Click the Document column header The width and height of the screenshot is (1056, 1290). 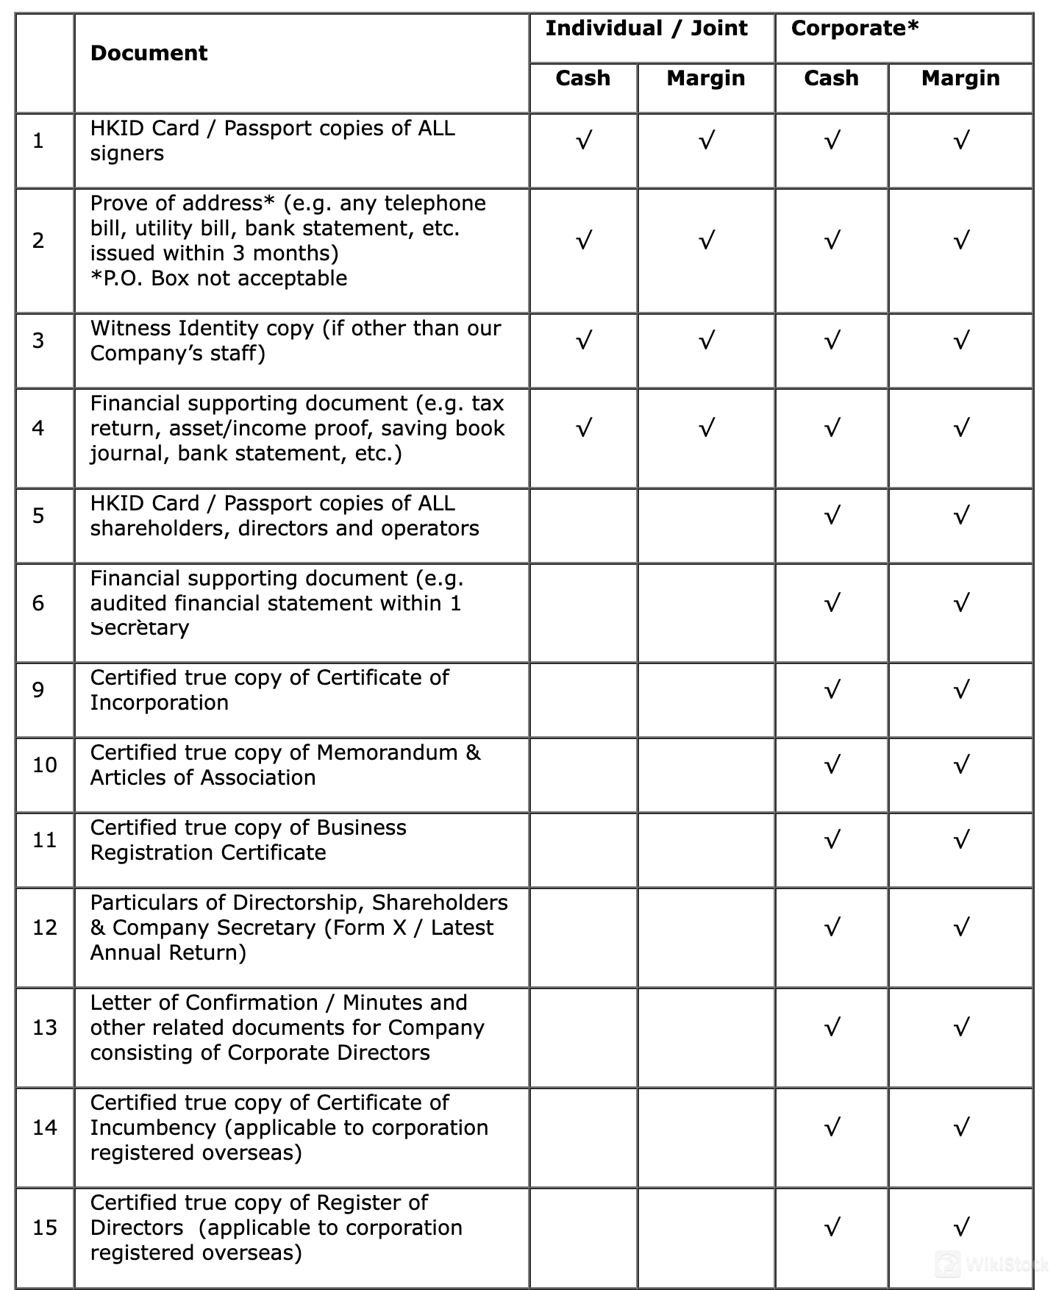[x=149, y=53]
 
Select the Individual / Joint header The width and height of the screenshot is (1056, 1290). [x=646, y=29]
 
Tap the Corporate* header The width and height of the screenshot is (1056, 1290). [x=855, y=29]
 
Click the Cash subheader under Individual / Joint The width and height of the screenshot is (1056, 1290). [x=582, y=78]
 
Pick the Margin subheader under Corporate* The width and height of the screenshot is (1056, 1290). [x=960, y=78]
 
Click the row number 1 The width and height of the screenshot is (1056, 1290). [x=38, y=140]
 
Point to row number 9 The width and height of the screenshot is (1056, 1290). [x=38, y=690]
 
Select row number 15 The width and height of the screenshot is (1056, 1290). [x=44, y=1227]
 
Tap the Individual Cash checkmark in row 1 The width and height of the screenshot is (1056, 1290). [x=583, y=140]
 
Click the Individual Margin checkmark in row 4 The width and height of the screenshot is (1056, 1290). [x=706, y=428]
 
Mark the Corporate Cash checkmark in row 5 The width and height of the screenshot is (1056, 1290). [x=832, y=516]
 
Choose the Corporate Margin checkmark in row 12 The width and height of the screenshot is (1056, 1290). [x=960, y=927]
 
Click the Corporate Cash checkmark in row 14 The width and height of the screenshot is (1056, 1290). [x=832, y=1127]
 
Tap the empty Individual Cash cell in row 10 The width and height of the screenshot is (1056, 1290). [x=583, y=775]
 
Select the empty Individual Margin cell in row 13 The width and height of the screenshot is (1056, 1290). [x=706, y=1037]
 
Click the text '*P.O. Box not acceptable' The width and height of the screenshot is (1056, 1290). [x=218, y=278]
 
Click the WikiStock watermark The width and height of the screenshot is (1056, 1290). [x=993, y=1265]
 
